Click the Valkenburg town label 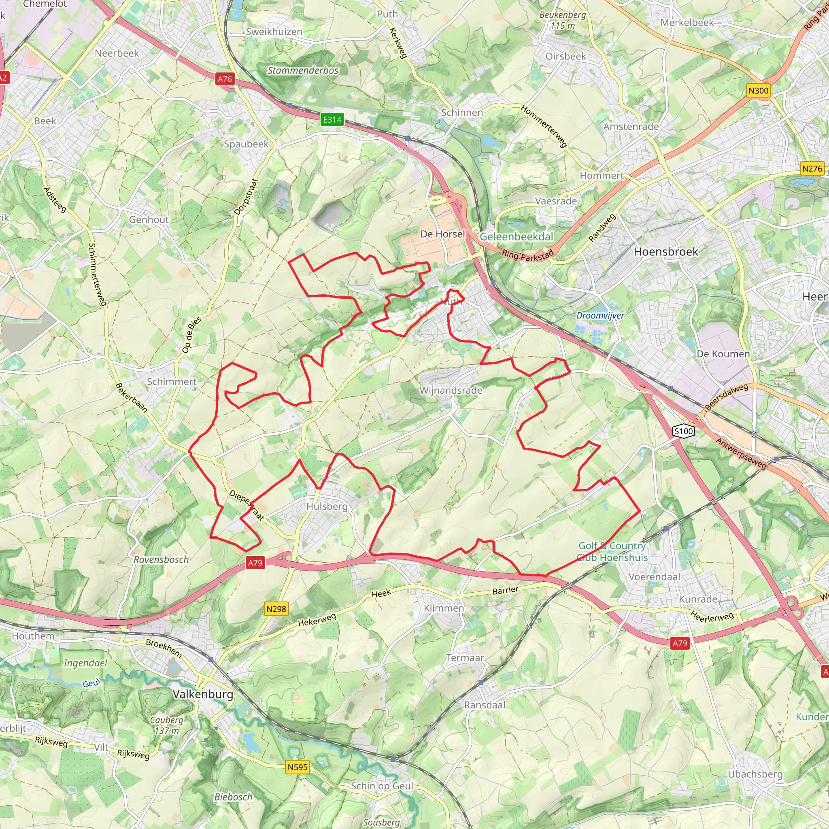point(203,694)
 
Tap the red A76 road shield point(224,79)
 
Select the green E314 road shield point(332,119)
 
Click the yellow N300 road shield point(758,91)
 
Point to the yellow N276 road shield point(812,169)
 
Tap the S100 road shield point(684,431)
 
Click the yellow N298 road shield point(276,608)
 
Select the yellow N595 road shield point(298,767)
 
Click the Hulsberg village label point(327,506)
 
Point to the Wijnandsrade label point(451,391)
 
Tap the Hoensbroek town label point(665,252)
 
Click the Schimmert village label point(171,381)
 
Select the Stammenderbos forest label point(303,70)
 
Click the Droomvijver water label point(600,315)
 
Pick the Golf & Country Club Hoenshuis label point(612,551)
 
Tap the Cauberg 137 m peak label point(166,725)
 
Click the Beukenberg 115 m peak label point(562,20)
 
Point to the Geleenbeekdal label point(516,236)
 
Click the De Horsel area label point(442,234)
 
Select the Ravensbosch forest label point(161,559)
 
